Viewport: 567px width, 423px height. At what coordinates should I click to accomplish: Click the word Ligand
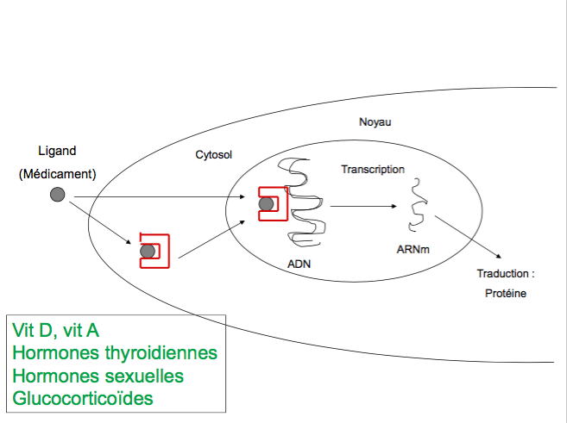point(57,151)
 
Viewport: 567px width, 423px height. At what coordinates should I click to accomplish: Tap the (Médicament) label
point(57,173)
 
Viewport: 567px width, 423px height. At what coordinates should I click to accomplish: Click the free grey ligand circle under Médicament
point(58,195)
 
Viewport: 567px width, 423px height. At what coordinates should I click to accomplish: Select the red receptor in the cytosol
point(154,250)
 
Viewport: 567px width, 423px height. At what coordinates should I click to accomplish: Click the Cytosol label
point(214,154)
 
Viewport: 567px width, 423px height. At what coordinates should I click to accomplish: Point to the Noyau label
point(375,122)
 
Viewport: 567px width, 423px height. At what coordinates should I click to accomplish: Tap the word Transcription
point(373,169)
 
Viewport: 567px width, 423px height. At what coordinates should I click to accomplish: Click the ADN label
point(299,264)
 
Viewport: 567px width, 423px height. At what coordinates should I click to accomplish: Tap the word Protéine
point(505,293)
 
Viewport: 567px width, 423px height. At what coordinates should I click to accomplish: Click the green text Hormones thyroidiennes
point(115,353)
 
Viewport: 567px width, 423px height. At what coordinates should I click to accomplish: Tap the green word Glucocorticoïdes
point(84,399)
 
